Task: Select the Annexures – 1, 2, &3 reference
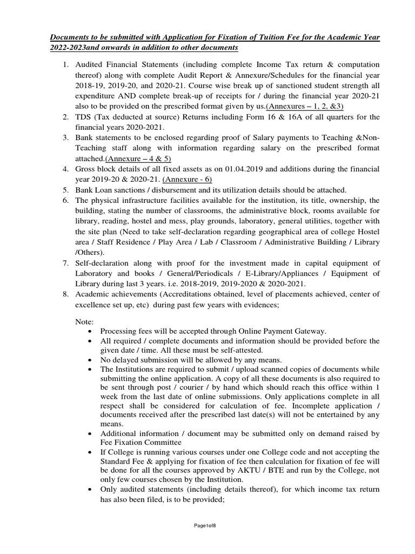click(x=311, y=106)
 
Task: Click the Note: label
click(x=85, y=322)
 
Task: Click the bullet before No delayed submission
click(x=89, y=359)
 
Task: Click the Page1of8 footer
click(x=207, y=525)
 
